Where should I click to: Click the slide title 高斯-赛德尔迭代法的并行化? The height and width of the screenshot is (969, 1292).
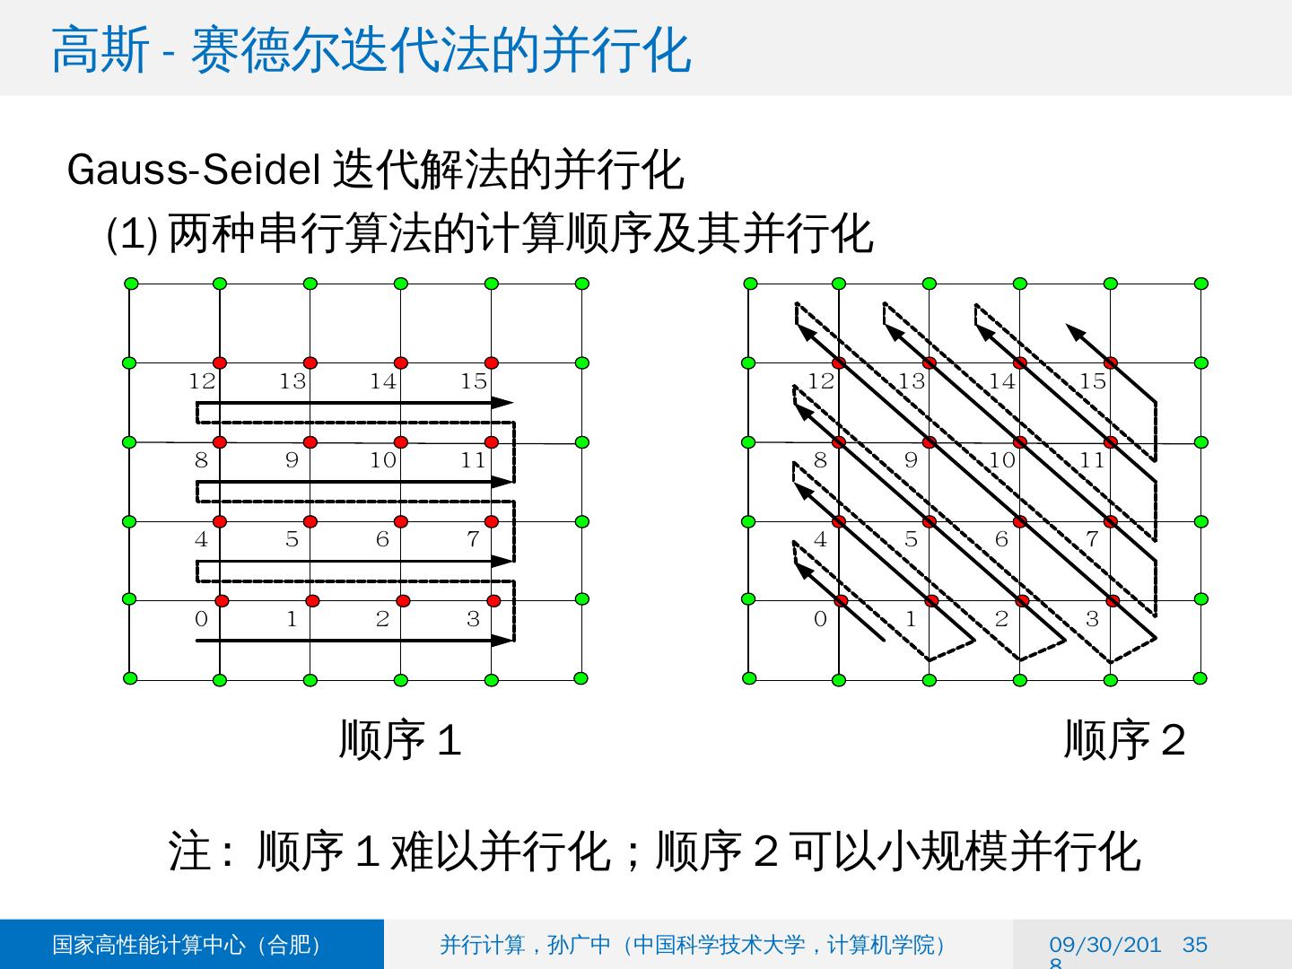pyautogui.click(x=371, y=49)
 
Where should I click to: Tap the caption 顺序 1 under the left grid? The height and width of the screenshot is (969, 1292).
pyautogui.click(x=399, y=740)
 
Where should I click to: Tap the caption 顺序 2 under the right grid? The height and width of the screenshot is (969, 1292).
pyautogui.click(x=1124, y=740)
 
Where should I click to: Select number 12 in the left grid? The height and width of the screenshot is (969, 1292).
pyautogui.click(x=202, y=381)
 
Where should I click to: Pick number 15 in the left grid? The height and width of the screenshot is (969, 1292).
pyautogui.click(x=474, y=381)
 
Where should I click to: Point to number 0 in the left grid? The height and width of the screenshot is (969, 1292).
pyautogui.click(x=201, y=619)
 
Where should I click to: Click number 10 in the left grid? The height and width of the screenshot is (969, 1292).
pyautogui.click(x=383, y=460)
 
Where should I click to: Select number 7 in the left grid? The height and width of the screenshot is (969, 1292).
pyautogui.click(x=473, y=539)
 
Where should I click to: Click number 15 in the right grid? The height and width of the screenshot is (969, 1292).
pyautogui.click(x=1092, y=381)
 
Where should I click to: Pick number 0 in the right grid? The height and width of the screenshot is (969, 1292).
pyautogui.click(x=820, y=619)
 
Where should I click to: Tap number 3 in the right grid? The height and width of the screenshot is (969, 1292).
pyautogui.click(x=1092, y=619)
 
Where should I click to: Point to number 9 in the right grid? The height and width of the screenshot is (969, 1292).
pyautogui.click(x=911, y=460)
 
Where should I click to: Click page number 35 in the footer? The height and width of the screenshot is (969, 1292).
pyautogui.click(x=1195, y=945)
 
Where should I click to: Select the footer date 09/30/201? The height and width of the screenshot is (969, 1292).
pyautogui.click(x=1104, y=945)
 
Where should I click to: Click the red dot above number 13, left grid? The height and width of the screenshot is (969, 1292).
pyautogui.click(x=310, y=363)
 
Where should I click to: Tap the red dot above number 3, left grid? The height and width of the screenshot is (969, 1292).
pyautogui.click(x=493, y=600)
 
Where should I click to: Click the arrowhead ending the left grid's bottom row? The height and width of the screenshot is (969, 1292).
pyautogui.click(x=503, y=640)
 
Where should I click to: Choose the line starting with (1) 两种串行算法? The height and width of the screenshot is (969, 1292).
pyautogui.click(x=489, y=234)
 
